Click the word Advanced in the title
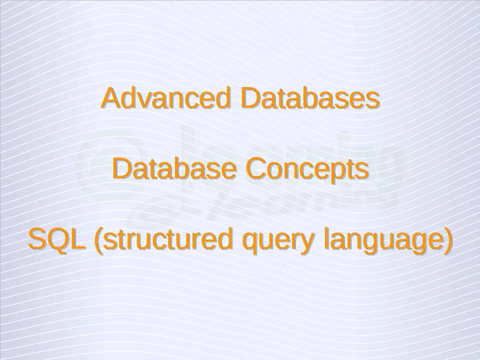pos(165,97)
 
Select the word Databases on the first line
pos(310,97)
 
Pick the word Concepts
pos(307,170)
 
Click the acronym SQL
pos(56,239)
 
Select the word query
pos(278,242)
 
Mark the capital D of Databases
pos(250,97)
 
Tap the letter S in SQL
pos(37,238)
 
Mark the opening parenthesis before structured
pos(98,241)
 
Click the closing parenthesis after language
pos(447,241)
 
